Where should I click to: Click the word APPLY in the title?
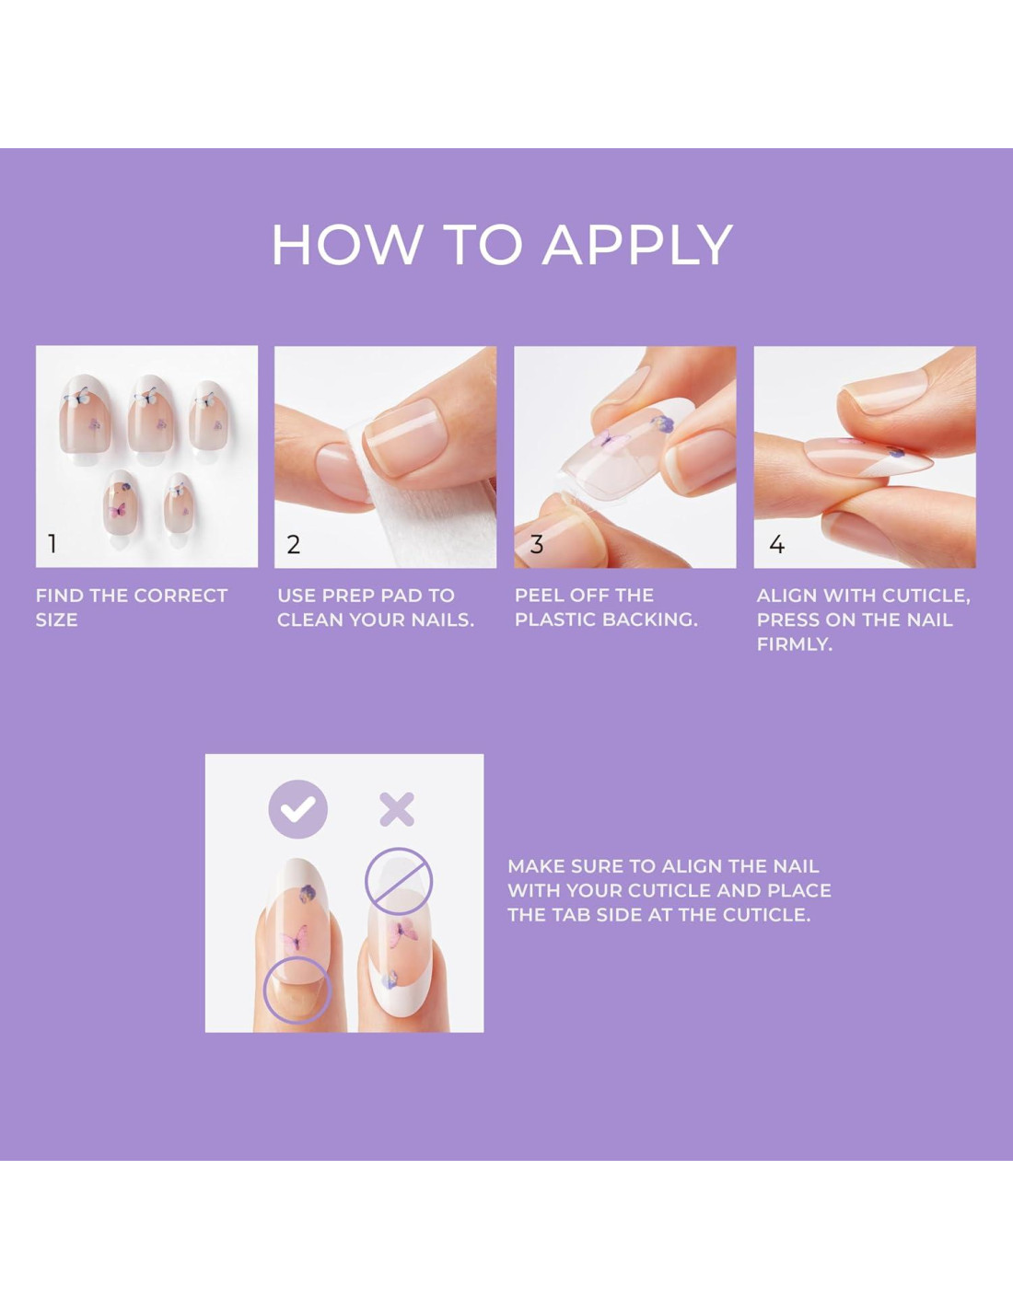click(637, 245)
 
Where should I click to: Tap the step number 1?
click(52, 544)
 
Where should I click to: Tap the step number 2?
click(294, 545)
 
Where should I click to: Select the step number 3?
click(536, 545)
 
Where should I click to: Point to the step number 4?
click(777, 545)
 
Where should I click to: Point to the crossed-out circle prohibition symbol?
click(399, 881)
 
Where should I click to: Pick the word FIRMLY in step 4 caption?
click(794, 644)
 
